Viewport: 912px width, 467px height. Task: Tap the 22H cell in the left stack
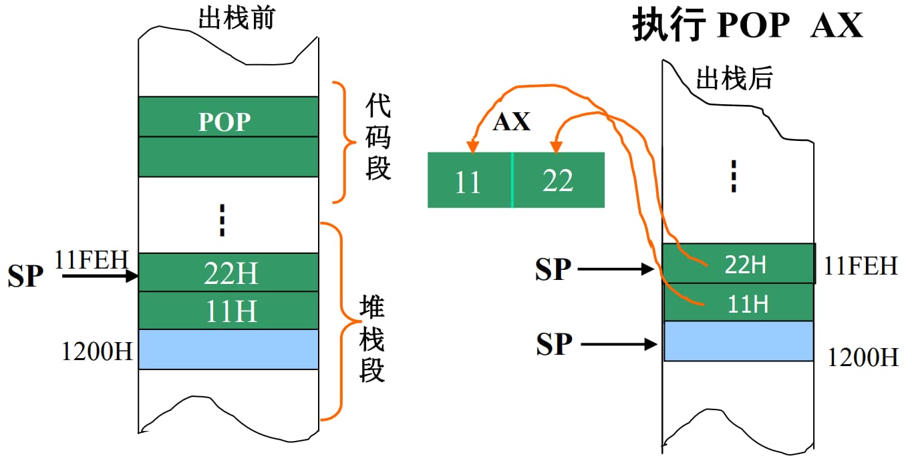pos(228,273)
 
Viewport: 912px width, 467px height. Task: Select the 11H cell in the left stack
pos(228,311)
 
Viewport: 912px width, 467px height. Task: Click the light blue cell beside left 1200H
pos(228,349)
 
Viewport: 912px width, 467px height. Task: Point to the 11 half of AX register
pos(469,180)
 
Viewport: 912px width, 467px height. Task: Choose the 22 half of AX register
pos(558,180)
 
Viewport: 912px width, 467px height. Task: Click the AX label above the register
pos(512,122)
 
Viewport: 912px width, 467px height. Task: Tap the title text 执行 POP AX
pos(748,27)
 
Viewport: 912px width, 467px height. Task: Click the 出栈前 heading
pos(237,19)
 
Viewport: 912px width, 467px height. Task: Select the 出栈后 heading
pos(734,79)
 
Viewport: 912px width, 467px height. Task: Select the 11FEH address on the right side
pos(861,266)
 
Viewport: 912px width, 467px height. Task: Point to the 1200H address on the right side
pos(863,357)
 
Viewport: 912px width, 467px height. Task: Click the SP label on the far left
pos(25,276)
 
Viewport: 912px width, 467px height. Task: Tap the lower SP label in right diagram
pos(554,344)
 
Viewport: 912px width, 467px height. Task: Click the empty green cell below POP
pos(228,157)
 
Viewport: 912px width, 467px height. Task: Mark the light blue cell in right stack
pos(738,341)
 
